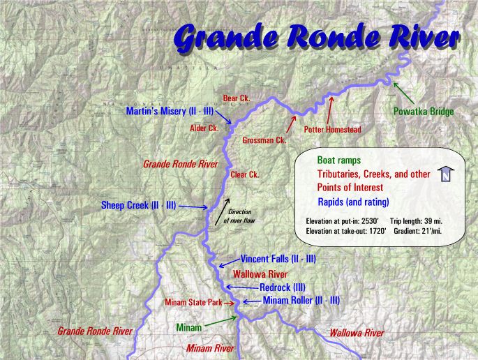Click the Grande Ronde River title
[318, 39]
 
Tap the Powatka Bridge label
[424, 112]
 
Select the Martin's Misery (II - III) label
[170, 111]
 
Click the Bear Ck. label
[236, 98]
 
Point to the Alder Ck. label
[204, 128]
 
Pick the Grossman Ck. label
[264, 140]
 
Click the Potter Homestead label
[332, 130]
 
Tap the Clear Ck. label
[245, 174]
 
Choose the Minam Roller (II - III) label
[301, 300]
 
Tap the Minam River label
[210, 347]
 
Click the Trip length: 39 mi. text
[417, 221]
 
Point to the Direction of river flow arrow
[221, 207]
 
